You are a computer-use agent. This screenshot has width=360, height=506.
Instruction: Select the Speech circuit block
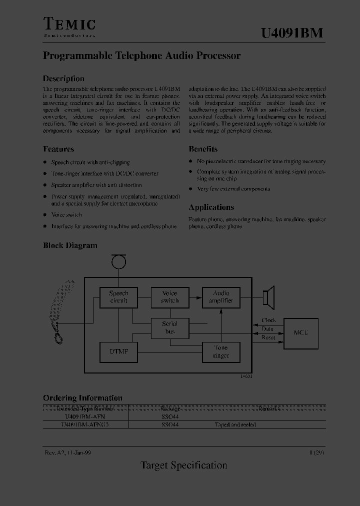[119, 297]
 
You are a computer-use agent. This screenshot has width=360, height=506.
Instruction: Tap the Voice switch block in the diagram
[170, 297]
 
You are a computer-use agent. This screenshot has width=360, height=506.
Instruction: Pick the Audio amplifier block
[221, 297]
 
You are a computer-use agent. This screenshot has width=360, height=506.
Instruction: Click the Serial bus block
[170, 327]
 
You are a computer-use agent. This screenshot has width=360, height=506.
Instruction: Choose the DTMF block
[119, 352]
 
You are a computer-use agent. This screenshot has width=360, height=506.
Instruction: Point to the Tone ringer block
[221, 352]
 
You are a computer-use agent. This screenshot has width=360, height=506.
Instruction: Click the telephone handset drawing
[63, 312]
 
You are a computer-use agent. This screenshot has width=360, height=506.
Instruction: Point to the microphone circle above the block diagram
[118, 261]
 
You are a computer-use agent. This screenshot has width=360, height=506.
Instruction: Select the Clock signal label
[268, 320]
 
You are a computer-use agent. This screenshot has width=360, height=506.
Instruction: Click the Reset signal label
[268, 337]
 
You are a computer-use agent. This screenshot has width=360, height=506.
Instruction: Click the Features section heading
[58, 149]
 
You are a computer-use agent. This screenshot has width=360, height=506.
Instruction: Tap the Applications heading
[211, 207]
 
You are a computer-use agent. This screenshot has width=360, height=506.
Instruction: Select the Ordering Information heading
[82, 398]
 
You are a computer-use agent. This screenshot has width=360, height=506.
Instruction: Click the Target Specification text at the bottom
[183, 465]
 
